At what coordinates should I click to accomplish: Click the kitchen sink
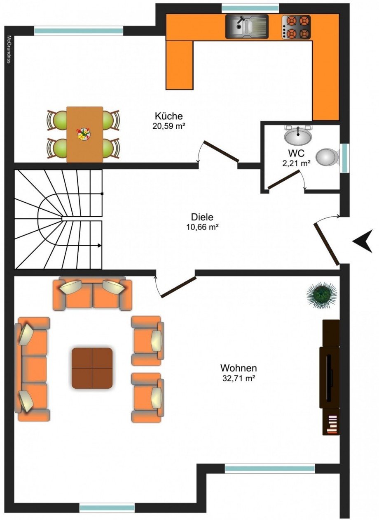(x=247, y=26)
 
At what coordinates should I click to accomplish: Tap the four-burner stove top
(x=296, y=27)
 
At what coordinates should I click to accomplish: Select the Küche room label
(x=169, y=116)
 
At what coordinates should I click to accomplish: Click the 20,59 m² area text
(x=169, y=126)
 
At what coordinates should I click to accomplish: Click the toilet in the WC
(x=328, y=157)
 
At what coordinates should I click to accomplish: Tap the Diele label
(x=202, y=217)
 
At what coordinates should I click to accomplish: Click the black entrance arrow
(x=363, y=241)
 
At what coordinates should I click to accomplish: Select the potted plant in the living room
(x=322, y=296)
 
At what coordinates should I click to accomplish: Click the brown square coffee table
(x=92, y=368)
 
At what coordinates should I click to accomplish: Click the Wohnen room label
(x=239, y=368)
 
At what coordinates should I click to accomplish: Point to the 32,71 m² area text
(x=239, y=378)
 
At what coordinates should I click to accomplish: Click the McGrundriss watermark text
(x=9, y=49)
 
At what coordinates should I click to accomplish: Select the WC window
(x=344, y=158)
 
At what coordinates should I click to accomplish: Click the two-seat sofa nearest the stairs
(x=92, y=294)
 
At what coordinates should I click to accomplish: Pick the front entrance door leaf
(x=327, y=244)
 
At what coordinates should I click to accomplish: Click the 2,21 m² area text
(x=297, y=163)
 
